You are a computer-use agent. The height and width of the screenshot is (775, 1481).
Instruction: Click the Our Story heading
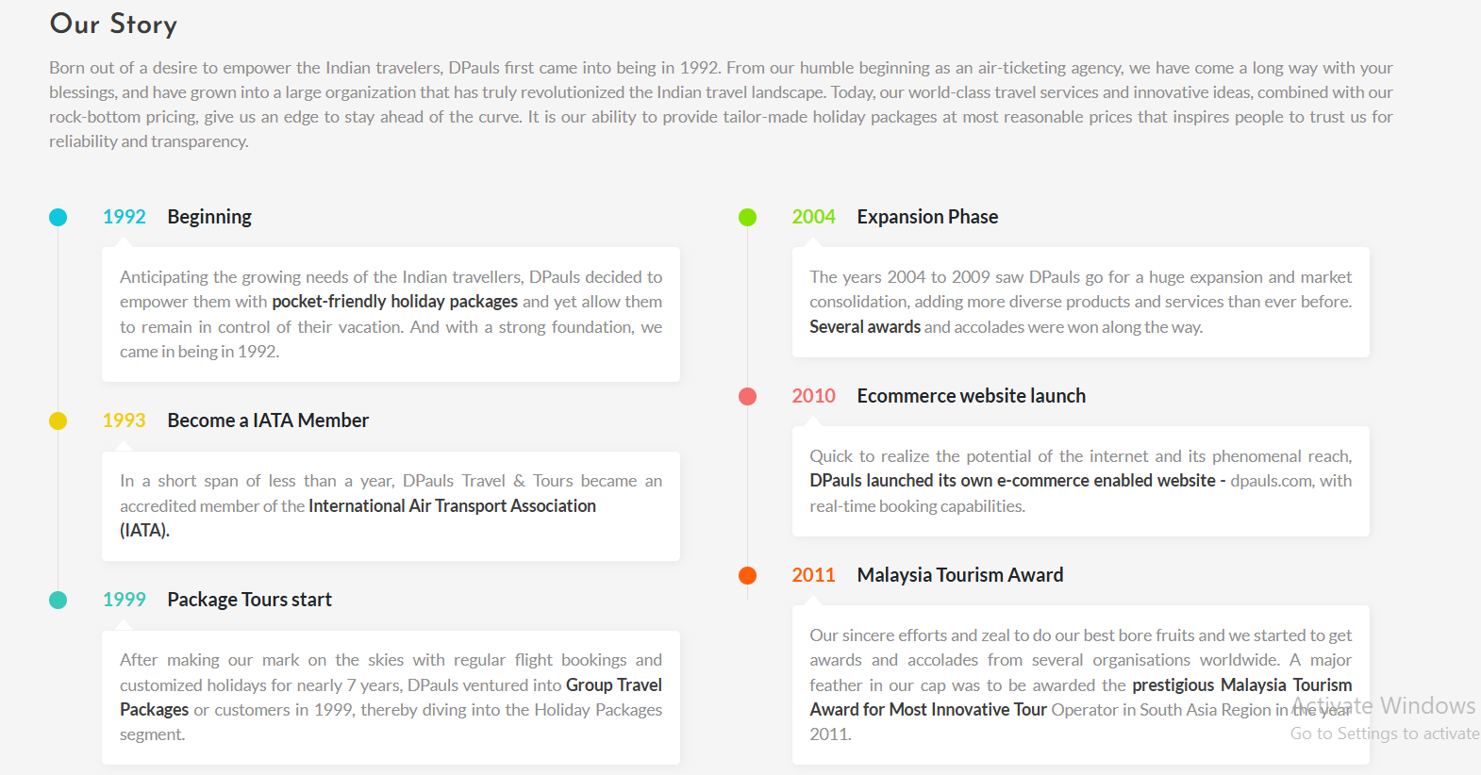click(x=113, y=25)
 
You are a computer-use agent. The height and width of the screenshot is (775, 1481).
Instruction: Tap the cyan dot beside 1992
click(x=58, y=218)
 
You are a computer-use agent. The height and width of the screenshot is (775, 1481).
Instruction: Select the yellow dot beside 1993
click(x=58, y=420)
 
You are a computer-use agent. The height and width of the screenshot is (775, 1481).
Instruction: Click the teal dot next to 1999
click(x=58, y=600)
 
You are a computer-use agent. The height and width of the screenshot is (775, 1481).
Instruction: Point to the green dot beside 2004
click(x=748, y=218)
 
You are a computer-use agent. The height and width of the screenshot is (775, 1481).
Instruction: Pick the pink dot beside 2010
click(x=748, y=396)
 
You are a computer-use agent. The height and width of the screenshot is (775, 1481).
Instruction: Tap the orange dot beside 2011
click(x=748, y=575)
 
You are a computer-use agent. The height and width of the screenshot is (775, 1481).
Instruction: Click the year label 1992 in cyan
click(x=125, y=217)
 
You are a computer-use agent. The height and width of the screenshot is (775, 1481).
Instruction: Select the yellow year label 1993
click(x=125, y=420)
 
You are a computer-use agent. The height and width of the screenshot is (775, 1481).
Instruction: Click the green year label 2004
click(x=814, y=217)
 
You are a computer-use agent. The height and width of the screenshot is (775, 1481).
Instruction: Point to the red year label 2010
click(x=814, y=396)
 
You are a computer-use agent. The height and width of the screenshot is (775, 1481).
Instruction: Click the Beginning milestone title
click(x=209, y=218)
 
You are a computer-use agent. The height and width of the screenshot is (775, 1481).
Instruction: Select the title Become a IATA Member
click(x=268, y=420)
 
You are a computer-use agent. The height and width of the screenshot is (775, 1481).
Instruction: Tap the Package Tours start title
click(x=249, y=600)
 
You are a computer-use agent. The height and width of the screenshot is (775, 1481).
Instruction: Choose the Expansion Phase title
click(x=927, y=217)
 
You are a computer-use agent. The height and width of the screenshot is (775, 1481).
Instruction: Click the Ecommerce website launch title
click(x=972, y=396)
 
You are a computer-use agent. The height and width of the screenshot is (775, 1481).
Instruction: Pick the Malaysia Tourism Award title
click(x=960, y=575)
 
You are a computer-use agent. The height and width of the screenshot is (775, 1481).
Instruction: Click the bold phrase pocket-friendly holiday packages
click(x=394, y=302)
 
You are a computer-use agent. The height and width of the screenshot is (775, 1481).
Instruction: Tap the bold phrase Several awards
click(x=865, y=327)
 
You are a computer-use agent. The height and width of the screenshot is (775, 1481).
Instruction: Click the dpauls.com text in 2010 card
click(x=1271, y=481)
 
